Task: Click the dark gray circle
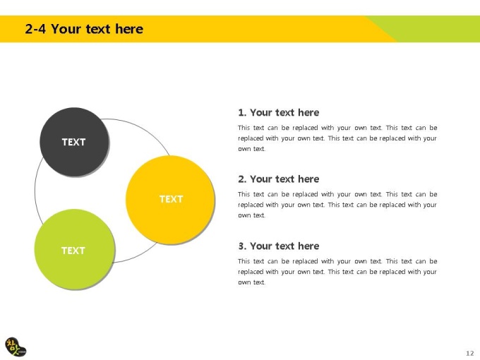pos(74,142)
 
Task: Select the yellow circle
pos(170,200)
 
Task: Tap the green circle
pos(75,249)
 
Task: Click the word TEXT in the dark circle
pos(74,142)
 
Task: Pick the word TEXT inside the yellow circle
pos(171,199)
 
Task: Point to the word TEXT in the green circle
pos(73,251)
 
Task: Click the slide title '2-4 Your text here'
pos(84,29)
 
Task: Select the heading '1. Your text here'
pos(279,113)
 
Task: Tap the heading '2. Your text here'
pos(279,179)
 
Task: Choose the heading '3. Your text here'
pos(279,246)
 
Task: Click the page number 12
pos(470,353)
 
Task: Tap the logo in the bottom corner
pos(16,347)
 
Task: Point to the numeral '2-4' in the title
pos(35,29)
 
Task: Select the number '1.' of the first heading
pos(242,113)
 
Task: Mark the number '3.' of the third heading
pos(242,246)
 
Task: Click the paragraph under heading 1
pos(337,138)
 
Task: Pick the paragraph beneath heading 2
pos(337,205)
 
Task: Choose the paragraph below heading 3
pos(337,272)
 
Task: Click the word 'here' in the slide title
pos(129,29)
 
